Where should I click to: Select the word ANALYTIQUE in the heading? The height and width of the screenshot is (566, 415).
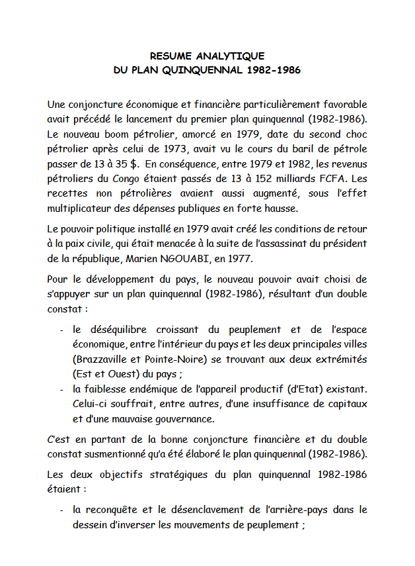point(233,56)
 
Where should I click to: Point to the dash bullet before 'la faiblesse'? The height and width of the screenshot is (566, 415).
point(61,389)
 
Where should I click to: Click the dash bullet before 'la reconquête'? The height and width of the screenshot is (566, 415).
point(61,510)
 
